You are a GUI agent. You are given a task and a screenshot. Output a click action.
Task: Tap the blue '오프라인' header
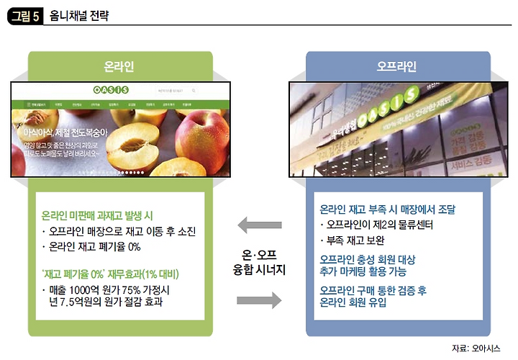(x=396, y=67)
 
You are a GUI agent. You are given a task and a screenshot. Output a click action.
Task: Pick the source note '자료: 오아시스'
(x=480, y=348)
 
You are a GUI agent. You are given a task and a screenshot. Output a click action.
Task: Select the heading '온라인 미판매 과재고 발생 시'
(x=96, y=216)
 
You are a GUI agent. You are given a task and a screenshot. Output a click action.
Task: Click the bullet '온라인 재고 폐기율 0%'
(x=95, y=247)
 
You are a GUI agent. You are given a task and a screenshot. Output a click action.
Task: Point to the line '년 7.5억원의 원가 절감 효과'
(x=111, y=302)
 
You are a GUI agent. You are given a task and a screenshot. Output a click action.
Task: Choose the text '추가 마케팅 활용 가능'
(x=363, y=271)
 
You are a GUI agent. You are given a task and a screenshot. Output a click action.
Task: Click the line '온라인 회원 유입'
(x=353, y=303)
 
